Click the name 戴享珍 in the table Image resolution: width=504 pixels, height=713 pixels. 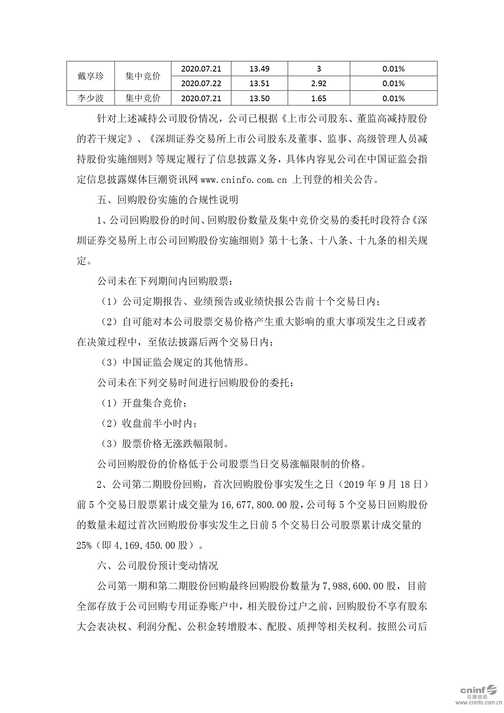[91, 76]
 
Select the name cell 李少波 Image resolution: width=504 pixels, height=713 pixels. [91, 98]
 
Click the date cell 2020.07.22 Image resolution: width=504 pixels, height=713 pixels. [201, 83]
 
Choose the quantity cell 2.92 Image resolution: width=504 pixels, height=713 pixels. [318, 83]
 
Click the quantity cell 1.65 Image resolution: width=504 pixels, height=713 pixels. [318, 98]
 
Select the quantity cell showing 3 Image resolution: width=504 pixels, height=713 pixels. [318, 69]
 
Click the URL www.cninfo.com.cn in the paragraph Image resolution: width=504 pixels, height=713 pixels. [244, 179]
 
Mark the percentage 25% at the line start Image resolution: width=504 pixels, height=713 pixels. [84, 545]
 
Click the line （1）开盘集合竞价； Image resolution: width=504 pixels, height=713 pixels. [144, 403]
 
